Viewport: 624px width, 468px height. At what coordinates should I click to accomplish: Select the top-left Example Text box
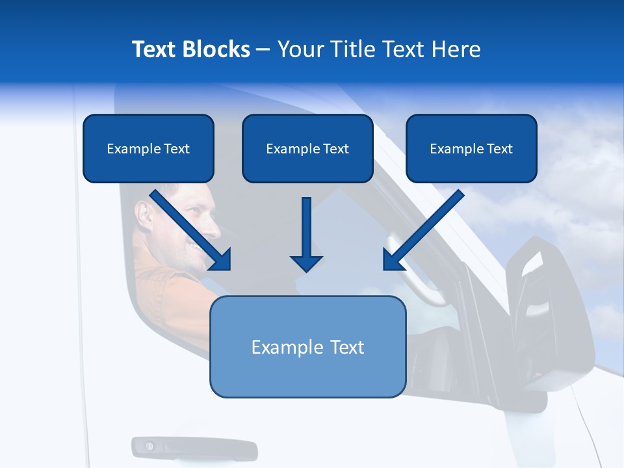point(148,149)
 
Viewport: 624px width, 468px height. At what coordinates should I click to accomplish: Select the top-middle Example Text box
point(307,149)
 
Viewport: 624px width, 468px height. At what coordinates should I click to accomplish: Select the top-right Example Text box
point(471,149)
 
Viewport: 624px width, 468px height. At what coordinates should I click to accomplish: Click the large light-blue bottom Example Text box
point(307,347)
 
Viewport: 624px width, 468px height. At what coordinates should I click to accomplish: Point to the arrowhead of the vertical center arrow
point(306,263)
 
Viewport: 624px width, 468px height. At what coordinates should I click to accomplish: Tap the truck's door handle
point(194,448)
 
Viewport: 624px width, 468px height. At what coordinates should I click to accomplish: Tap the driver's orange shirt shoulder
point(156,273)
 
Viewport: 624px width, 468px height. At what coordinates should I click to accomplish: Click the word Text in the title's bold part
point(155,49)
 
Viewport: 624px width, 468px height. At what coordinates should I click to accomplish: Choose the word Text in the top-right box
point(499,149)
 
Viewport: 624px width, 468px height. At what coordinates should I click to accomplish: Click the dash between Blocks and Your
point(263,50)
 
